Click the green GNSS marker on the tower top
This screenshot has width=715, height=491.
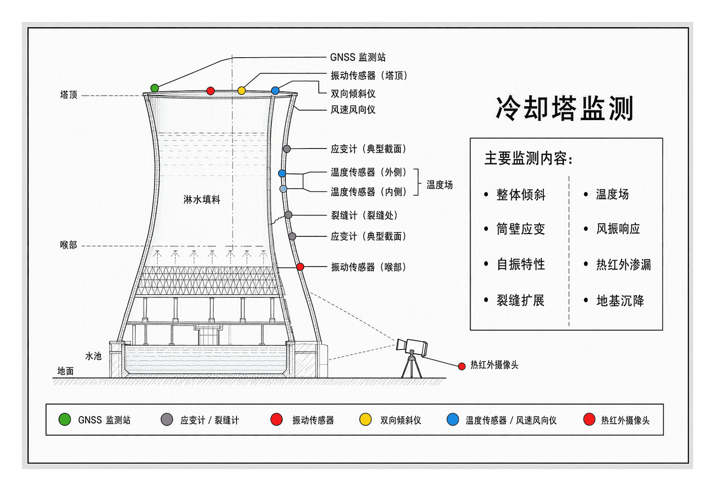tap(155, 88)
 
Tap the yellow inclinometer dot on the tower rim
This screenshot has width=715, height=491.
tap(242, 91)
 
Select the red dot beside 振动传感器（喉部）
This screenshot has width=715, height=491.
tap(300, 267)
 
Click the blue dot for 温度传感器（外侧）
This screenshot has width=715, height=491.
tap(282, 173)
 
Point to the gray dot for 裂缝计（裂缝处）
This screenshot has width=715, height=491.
tap(288, 215)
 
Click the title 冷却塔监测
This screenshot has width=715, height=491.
tap(564, 108)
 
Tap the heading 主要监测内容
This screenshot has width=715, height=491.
tap(529, 159)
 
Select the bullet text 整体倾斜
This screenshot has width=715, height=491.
tap(521, 194)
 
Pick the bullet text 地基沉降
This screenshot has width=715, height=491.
tap(620, 301)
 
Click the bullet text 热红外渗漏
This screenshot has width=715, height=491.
tap(623, 264)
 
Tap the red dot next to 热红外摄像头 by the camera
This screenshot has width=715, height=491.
tap(462, 366)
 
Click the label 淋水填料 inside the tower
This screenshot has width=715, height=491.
tap(202, 200)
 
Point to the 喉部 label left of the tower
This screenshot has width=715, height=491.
tap(68, 245)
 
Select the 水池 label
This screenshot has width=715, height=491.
tap(93, 356)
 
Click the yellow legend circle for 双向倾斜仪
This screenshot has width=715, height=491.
tap(365, 419)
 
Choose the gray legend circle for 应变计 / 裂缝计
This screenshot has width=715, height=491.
tap(167, 419)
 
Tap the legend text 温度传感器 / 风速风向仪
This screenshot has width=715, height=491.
tap(511, 421)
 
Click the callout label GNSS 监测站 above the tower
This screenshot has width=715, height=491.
tap(358, 57)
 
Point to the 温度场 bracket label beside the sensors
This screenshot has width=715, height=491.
tap(439, 185)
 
